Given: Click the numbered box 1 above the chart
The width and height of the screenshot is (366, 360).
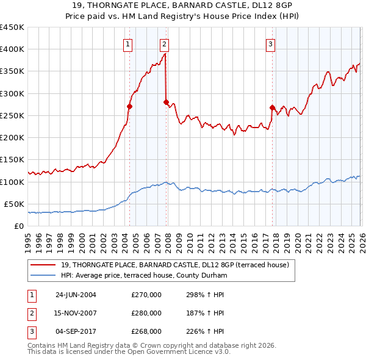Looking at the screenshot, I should coord(128,44).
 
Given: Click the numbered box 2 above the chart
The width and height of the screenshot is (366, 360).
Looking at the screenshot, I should coord(165,44).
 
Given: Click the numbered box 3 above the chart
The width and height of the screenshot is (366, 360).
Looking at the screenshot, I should coord(270,44).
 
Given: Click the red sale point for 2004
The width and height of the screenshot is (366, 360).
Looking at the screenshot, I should coord(129,106).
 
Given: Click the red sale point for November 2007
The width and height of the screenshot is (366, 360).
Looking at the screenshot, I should coord(166,102).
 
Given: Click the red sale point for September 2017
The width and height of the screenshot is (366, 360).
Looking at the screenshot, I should coord(272,107).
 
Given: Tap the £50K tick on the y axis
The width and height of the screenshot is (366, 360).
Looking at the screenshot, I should coord(15,204).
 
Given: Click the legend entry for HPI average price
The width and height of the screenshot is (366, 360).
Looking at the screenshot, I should coord(144,276).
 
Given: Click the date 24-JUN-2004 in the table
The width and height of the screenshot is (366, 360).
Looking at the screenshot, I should coord(76,295).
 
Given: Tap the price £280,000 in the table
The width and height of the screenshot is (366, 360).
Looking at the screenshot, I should coord(146,313).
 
